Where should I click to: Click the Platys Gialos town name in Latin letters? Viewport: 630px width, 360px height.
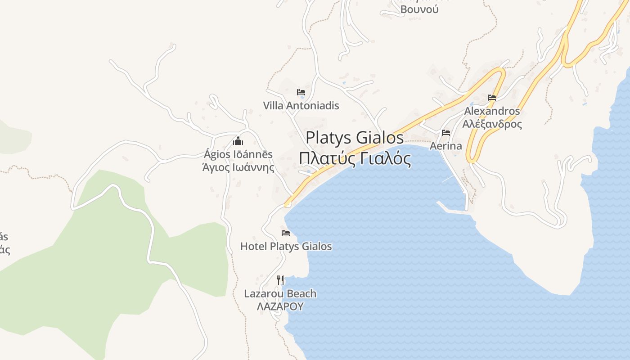[355, 137]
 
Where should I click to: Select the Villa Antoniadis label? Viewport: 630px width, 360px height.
[301, 106]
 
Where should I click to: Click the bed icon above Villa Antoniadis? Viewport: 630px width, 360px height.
[301, 92]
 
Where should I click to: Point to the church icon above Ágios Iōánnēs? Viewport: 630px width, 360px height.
[238, 141]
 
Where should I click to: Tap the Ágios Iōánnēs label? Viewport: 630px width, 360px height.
[238, 154]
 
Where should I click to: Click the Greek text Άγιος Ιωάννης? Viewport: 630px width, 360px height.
[238, 168]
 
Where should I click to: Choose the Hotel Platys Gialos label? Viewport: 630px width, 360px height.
[286, 246]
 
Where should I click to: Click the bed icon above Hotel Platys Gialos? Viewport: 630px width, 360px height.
[286, 233]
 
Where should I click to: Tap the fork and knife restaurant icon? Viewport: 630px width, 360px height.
[280, 280]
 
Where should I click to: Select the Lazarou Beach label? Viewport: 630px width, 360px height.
[280, 294]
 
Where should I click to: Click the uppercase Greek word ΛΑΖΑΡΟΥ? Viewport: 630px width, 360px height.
[280, 306]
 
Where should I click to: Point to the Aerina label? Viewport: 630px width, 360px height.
[445, 146]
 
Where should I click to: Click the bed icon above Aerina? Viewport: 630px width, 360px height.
[446, 133]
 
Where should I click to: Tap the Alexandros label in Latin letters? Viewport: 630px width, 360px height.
[492, 111]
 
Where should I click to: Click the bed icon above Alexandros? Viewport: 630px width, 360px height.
[492, 97]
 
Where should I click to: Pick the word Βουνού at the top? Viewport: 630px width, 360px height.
[419, 9]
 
